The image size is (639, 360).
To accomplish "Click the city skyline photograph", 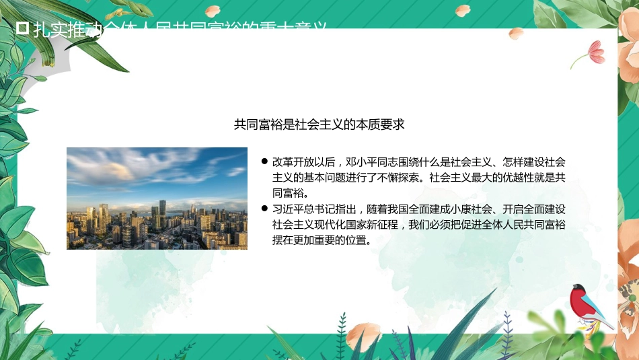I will pyautogui.click(x=157, y=199).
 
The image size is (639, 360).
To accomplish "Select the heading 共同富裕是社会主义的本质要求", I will pyautogui.click(x=319, y=124).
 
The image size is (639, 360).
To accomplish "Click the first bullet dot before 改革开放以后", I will pyautogui.click(x=264, y=162).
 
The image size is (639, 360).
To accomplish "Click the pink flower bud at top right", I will pyautogui.click(x=594, y=51).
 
